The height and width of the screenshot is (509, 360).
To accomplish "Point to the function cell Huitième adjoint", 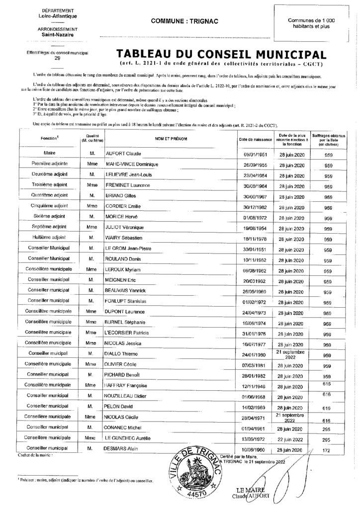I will click(x=49, y=238).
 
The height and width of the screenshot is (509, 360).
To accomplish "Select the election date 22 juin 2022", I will click(x=291, y=439).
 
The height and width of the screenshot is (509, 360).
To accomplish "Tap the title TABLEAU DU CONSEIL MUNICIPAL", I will click(x=221, y=54).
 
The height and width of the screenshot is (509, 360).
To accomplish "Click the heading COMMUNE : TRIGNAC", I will click(x=180, y=21).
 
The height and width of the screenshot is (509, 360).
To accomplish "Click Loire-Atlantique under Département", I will click(x=50, y=16).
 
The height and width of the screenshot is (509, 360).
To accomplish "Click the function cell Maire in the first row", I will click(x=49, y=154).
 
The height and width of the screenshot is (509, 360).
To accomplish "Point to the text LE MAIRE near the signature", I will click(x=248, y=490).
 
